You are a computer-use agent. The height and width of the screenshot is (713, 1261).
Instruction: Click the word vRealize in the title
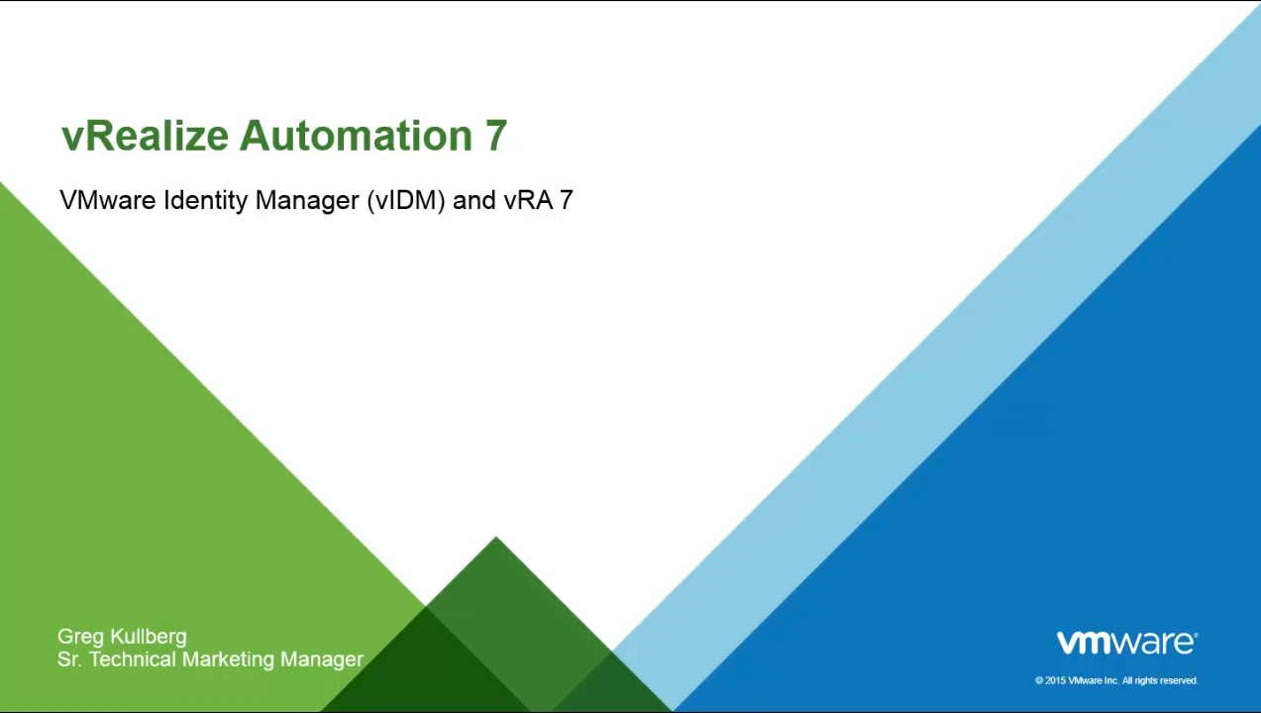pyautogui.click(x=146, y=137)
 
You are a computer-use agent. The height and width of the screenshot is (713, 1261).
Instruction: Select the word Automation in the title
pyautogui.click(x=356, y=136)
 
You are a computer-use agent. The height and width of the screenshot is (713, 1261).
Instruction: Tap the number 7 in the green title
pyautogui.click(x=495, y=136)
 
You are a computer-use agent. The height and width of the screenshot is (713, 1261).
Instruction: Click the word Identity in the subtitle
pyautogui.click(x=205, y=201)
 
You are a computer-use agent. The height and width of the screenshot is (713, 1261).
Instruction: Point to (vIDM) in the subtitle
pyautogui.click(x=406, y=201)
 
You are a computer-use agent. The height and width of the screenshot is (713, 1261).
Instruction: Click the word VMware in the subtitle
pyautogui.click(x=108, y=200)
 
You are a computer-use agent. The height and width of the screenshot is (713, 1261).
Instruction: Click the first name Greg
pyautogui.click(x=80, y=637)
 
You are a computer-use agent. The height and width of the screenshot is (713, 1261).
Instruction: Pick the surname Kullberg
pyautogui.click(x=149, y=637)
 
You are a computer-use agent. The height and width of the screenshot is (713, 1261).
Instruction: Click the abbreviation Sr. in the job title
pyautogui.click(x=69, y=659)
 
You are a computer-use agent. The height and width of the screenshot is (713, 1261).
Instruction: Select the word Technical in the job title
pyautogui.click(x=133, y=659)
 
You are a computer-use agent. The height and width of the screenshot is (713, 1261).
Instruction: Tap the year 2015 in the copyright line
pyautogui.click(x=1056, y=681)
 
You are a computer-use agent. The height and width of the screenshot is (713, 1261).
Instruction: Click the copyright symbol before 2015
pyautogui.click(x=1039, y=681)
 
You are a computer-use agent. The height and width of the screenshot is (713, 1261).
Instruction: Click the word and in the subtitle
pyautogui.click(x=474, y=200)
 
